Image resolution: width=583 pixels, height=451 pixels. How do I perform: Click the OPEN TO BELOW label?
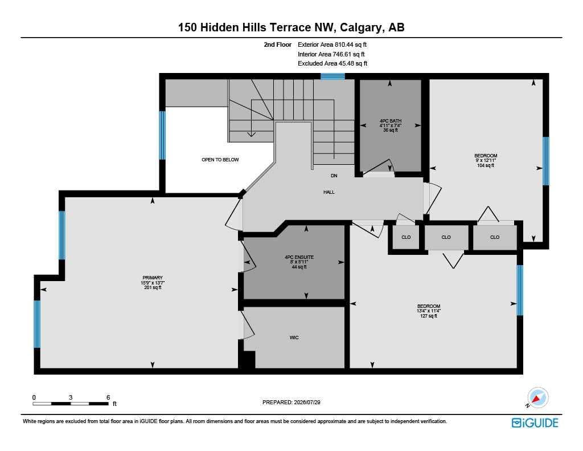click(x=220, y=160)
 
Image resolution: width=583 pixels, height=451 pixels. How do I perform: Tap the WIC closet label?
click(x=294, y=338)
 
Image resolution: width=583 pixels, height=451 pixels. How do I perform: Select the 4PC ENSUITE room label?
click(x=299, y=257)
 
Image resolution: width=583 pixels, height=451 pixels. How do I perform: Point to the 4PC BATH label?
click(x=391, y=121)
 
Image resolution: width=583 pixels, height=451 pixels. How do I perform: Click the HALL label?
click(x=329, y=192)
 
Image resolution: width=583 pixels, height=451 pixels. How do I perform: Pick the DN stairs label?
click(x=334, y=176)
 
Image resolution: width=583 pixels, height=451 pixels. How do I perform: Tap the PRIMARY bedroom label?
click(x=153, y=278)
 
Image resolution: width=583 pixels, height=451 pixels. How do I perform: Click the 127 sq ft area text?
click(x=429, y=316)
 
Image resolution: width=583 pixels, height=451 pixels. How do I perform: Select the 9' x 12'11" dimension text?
click(x=486, y=161)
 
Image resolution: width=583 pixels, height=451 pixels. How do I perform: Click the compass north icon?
click(x=537, y=398)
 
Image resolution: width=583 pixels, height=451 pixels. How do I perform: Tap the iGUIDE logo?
click(x=535, y=423)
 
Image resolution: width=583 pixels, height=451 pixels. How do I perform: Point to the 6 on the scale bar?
click(x=108, y=397)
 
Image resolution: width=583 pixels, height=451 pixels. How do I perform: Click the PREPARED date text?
click(x=291, y=402)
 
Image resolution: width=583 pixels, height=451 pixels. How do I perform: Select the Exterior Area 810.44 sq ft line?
click(x=332, y=44)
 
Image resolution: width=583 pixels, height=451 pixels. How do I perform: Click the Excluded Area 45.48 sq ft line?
click(x=332, y=63)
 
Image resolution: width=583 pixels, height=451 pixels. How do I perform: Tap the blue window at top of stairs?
click(x=332, y=76)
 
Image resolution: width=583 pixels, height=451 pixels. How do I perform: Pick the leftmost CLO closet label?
click(x=406, y=237)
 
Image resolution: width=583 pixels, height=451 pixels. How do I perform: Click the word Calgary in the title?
click(x=360, y=27)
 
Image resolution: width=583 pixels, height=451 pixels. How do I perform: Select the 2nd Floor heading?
click(x=278, y=44)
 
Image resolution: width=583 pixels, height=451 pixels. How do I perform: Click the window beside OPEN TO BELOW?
click(x=162, y=135)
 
